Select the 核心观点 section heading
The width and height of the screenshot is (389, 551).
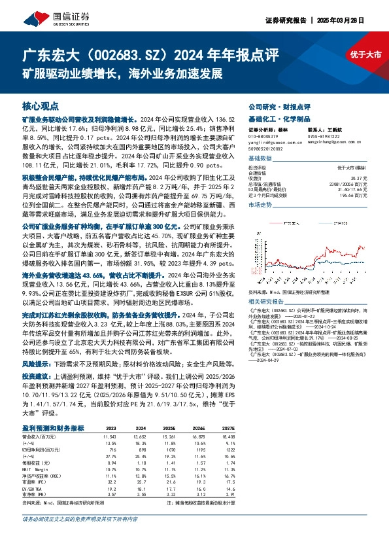[40, 105]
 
